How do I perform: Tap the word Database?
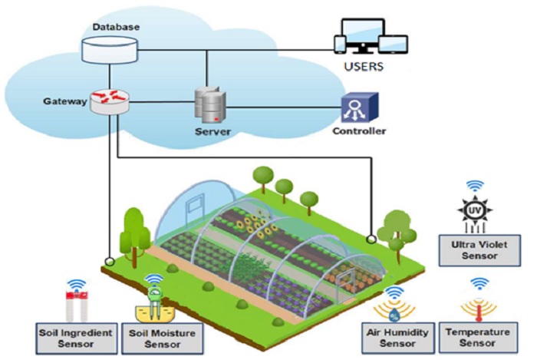(116, 28)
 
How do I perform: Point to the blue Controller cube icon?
(359, 107)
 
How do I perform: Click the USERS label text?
(365, 68)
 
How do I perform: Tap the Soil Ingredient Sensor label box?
(77, 339)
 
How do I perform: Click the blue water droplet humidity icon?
(395, 312)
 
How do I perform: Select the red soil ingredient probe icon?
(76, 306)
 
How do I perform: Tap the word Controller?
(359, 131)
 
